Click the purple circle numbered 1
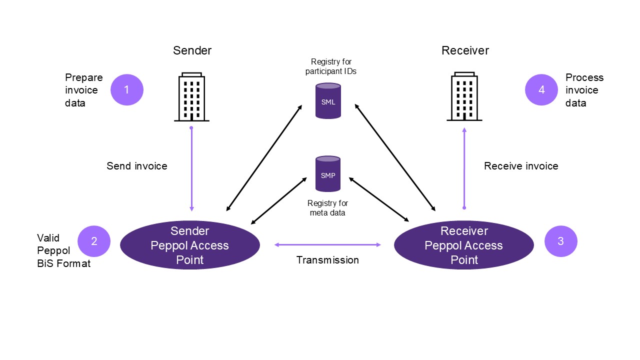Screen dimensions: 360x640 point(126,89)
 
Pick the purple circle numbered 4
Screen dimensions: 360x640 point(541,90)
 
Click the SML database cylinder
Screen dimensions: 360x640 point(328,101)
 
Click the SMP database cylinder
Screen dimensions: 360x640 point(328,174)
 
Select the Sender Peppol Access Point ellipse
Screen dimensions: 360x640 point(190,245)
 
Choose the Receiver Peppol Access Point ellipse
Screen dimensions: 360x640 point(463,245)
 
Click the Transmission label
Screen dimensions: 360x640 point(327,260)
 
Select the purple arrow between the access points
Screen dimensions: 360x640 point(327,244)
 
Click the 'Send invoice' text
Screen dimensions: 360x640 point(136,166)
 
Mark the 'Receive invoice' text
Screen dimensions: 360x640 point(521,166)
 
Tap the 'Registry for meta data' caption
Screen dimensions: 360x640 point(327,208)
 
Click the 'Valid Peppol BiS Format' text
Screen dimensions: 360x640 point(63,250)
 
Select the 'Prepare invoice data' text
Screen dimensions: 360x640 point(83,90)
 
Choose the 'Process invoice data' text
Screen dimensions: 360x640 point(584,90)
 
